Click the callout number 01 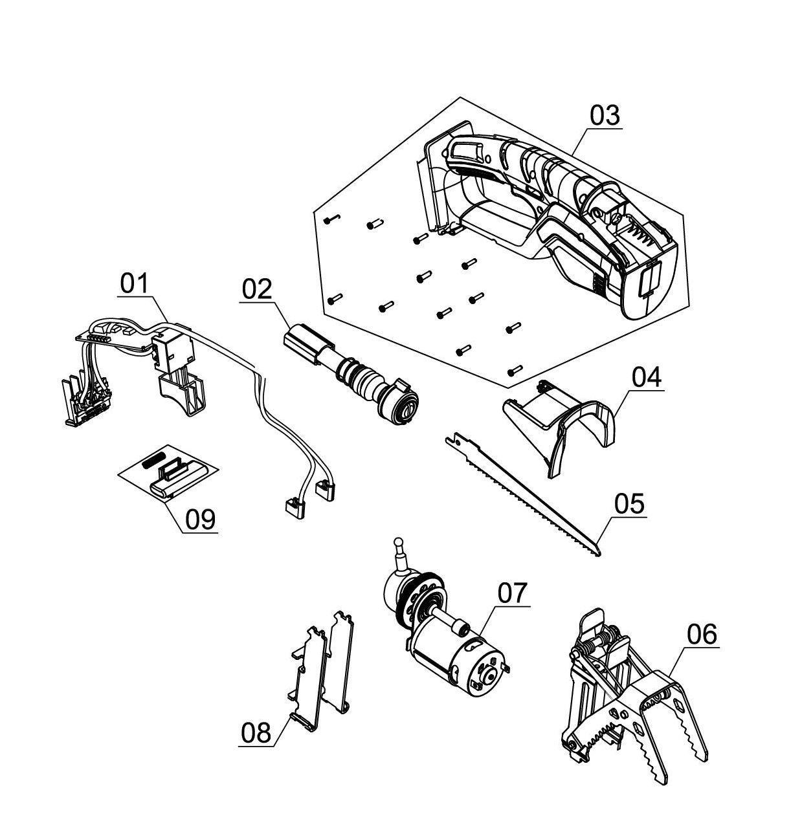pos(134,283)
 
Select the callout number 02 pos(258,289)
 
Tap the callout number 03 pos(605,116)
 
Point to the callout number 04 pos(647,377)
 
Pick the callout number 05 pos(630,503)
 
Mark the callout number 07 pos(513,592)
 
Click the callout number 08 pos(256,733)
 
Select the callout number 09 pos(201,519)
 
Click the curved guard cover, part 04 pos(563,421)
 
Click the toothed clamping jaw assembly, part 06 pos(634,699)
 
